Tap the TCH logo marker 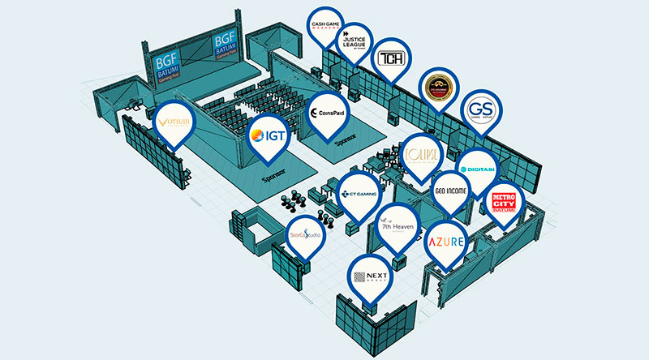click(392, 59)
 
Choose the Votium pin click(174, 123)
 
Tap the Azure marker click(446, 241)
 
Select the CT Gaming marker click(357, 193)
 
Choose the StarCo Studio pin click(305, 236)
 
